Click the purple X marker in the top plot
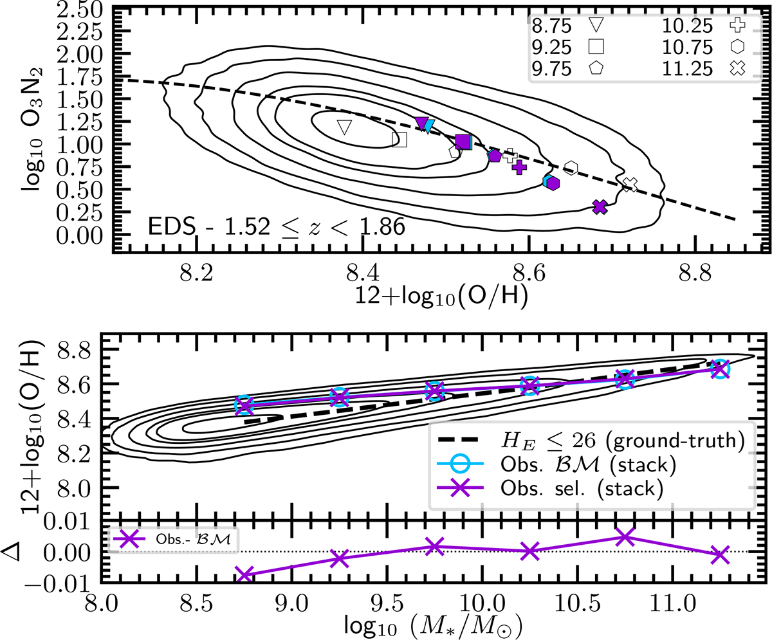tap(600, 206)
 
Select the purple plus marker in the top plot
tap(520, 167)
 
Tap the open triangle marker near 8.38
tap(345, 127)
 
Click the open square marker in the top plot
tap(400, 140)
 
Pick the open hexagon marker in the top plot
tap(571, 168)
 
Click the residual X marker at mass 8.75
tap(244, 574)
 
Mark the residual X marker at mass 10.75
tap(625, 537)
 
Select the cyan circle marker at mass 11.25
tap(721, 369)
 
